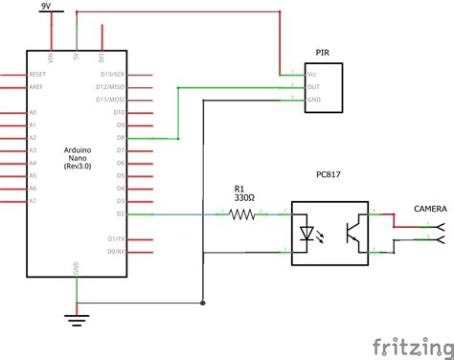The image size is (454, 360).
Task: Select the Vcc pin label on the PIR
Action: point(312,74)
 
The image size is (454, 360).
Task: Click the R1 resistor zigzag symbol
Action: point(242,215)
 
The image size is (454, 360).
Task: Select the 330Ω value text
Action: point(242,198)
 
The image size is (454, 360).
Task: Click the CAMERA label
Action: point(428,208)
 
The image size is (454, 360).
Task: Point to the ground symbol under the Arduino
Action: point(77,317)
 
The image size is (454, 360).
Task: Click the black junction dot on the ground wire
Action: point(201,303)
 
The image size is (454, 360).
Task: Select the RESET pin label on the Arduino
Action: point(38,73)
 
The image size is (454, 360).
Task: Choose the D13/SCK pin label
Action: point(113,73)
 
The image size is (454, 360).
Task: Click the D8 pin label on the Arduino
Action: point(120,138)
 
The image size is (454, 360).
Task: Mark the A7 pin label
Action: point(34,202)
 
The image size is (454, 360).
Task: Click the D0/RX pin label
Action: point(115,251)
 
